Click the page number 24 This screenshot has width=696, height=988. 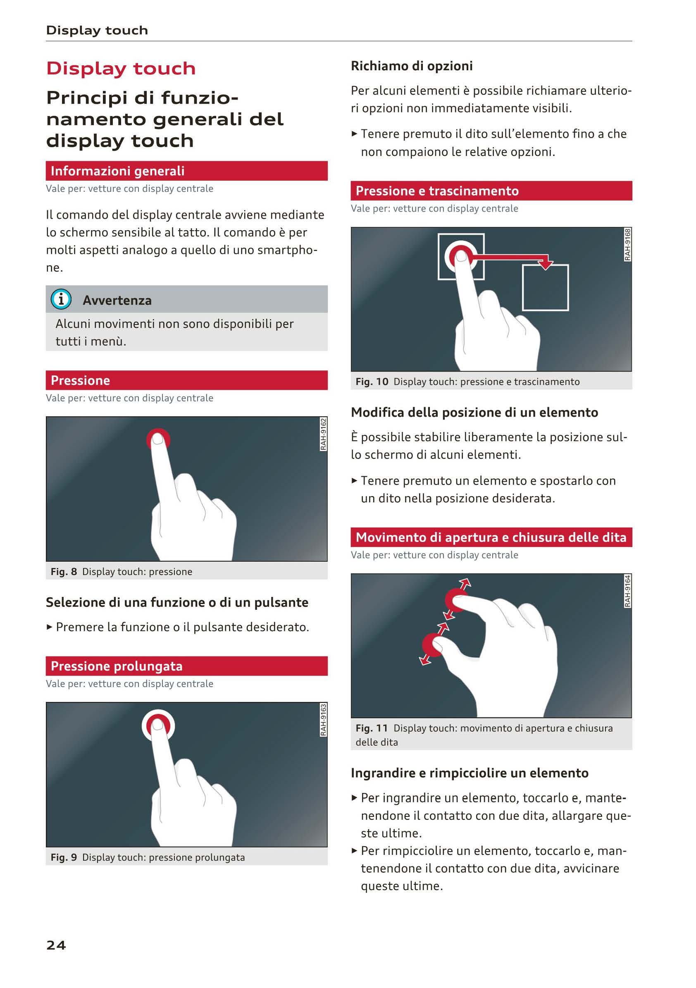click(56, 945)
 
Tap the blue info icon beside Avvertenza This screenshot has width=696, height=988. click(61, 299)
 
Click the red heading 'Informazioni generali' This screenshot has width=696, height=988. click(117, 171)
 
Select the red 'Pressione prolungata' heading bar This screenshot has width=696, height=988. click(187, 666)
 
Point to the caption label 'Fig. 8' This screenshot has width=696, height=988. click(64, 571)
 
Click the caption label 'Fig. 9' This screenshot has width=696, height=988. click(64, 857)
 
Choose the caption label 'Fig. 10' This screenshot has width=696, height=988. click(372, 382)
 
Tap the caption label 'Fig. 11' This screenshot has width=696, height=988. click(371, 728)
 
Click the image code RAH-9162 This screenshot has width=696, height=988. click(324, 434)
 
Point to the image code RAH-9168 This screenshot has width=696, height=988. click(628, 244)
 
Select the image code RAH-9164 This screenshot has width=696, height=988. click(628, 591)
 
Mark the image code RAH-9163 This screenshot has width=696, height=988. click(324, 719)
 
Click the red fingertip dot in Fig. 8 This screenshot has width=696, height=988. click(158, 439)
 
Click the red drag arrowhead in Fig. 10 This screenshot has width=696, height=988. click(546, 262)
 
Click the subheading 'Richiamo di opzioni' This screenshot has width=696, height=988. click(412, 66)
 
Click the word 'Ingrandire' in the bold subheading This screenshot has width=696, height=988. click(383, 773)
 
